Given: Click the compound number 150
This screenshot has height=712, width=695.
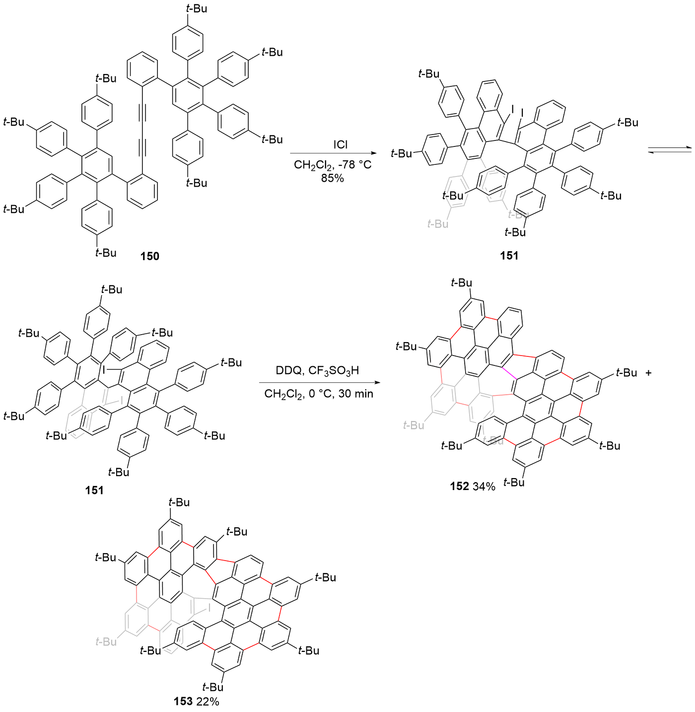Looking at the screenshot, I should click(x=149, y=256).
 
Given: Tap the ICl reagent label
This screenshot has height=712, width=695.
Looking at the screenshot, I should click(x=340, y=145).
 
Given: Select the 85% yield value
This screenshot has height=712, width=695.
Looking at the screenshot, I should click(x=332, y=178).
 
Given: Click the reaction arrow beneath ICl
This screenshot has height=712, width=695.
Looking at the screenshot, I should click(x=333, y=154).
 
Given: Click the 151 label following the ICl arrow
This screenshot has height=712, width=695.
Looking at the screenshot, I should click(x=509, y=256).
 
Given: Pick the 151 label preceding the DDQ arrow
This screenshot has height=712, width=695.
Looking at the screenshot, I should click(x=94, y=491).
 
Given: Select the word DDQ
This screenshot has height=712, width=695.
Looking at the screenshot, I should click(x=289, y=371).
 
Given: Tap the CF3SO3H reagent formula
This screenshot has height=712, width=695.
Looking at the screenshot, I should click(x=334, y=371).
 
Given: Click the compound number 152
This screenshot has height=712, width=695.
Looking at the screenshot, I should click(x=459, y=486).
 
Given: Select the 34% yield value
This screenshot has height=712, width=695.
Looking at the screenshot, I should click(x=484, y=487).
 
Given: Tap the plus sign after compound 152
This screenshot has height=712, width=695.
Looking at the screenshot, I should click(x=648, y=372).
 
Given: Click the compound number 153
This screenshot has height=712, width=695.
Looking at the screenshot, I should click(x=183, y=701).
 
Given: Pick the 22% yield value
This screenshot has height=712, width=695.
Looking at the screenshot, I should click(x=207, y=702).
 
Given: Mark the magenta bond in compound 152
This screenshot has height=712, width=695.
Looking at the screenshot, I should click(x=509, y=373).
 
